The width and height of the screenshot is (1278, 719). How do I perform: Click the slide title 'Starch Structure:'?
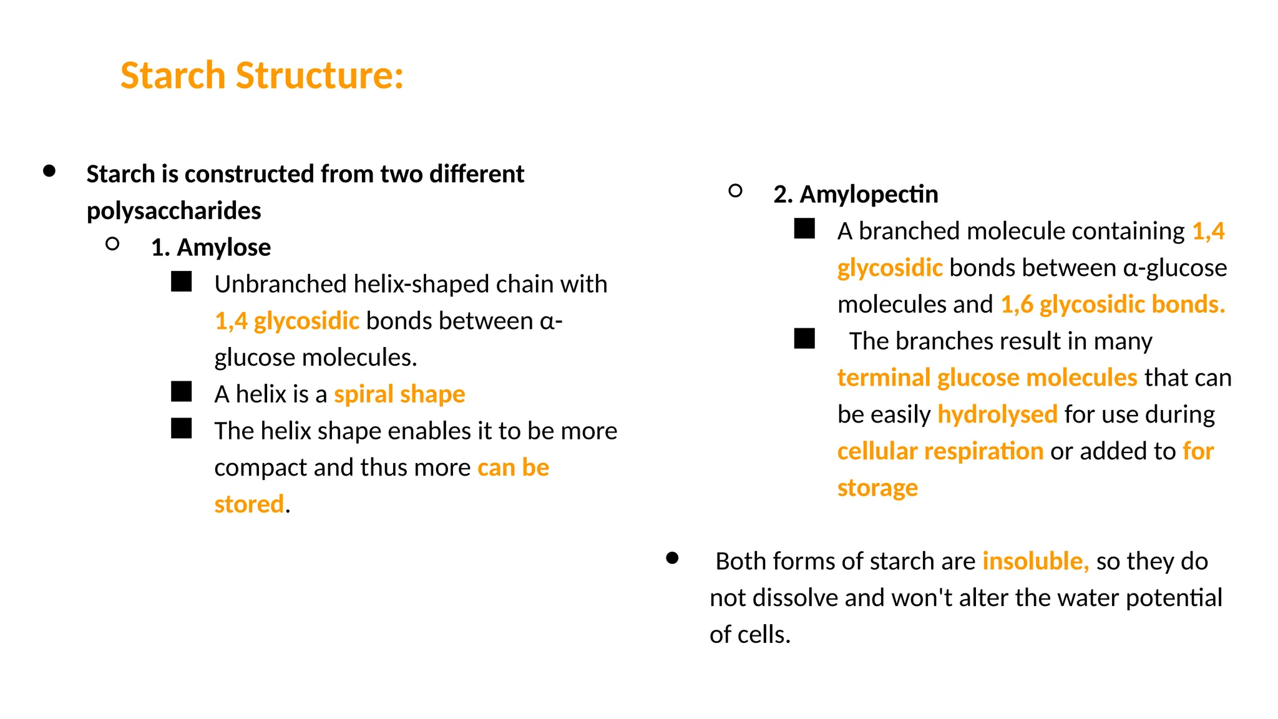click(262, 76)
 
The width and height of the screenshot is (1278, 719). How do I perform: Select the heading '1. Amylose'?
click(211, 248)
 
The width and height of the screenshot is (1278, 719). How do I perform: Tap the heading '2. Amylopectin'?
click(855, 195)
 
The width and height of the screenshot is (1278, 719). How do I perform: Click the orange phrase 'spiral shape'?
click(399, 394)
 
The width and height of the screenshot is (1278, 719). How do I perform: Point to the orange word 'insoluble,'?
click(1035, 561)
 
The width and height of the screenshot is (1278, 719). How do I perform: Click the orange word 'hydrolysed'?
click(997, 414)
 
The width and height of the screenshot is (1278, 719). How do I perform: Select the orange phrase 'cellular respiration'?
click(940, 451)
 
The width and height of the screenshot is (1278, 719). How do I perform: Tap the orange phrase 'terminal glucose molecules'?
click(987, 378)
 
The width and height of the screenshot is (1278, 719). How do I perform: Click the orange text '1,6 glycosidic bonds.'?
click(1113, 305)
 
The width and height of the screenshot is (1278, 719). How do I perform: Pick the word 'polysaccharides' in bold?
click(173, 211)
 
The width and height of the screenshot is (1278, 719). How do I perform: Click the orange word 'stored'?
click(249, 504)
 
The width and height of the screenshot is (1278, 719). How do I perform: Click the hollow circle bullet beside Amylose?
click(112, 244)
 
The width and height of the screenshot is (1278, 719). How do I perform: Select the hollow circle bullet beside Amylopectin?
click(735, 191)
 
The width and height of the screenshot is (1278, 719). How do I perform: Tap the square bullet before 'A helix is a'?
click(182, 392)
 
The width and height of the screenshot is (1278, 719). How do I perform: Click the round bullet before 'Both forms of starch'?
click(672, 558)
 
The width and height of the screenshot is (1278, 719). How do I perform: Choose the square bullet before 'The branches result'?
click(804, 339)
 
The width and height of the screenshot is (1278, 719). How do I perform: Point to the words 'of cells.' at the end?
click(749, 635)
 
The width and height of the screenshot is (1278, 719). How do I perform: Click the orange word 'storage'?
click(877, 488)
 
